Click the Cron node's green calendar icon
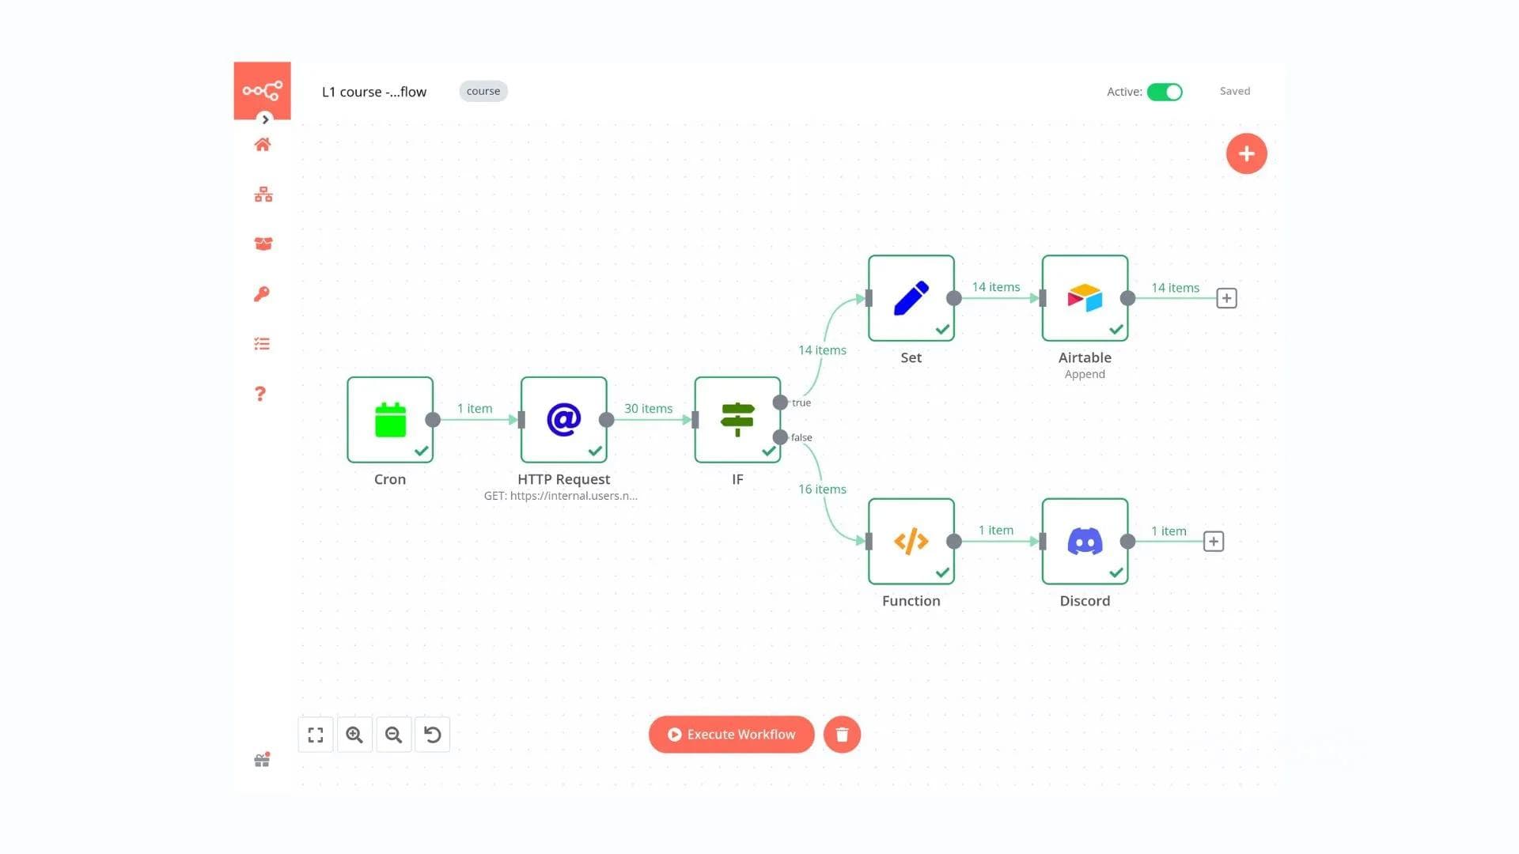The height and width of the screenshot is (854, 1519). (x=390, y=420)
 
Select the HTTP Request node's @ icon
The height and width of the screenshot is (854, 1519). (x=563, y=420)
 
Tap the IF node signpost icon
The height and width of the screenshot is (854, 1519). (x=737, y=420)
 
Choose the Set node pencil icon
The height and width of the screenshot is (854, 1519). (x=911, y=298)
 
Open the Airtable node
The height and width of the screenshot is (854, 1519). (x=1085, y=298)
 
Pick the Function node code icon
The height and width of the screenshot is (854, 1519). (x=911, y=542)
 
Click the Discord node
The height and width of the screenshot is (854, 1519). (x=1085, y=542)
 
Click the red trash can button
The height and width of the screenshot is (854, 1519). (x=842, y=735)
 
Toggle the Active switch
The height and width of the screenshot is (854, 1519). (x=1165, y=92)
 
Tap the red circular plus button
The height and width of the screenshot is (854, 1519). (x=1246, y=153)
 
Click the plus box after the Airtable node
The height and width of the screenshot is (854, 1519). (x=1226, y=298)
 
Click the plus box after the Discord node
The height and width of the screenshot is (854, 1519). (x=1213, y=542)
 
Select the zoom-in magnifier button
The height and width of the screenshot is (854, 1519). (x=354, y=735)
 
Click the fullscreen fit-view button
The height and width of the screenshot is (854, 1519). (x=316, y=735)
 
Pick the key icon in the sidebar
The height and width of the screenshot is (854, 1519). (x=262, y=294)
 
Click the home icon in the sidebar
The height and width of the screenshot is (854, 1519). (x=263, y=145)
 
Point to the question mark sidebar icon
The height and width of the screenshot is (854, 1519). (x=260, y=394)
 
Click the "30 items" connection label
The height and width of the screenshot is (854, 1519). (x=648, y=408)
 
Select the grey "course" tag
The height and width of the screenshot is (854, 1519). (x=483, y=91)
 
